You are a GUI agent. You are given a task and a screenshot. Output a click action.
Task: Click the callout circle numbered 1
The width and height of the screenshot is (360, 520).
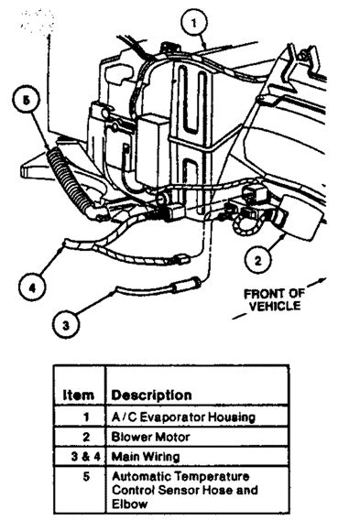click(192, 18)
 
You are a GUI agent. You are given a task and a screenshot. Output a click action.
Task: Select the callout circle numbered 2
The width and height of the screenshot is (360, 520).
click(259, 260)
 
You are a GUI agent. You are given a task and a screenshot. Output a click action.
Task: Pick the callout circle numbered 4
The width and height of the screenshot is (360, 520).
click(32, 287)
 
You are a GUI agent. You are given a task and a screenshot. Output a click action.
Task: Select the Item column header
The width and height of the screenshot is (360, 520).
click(79, 395)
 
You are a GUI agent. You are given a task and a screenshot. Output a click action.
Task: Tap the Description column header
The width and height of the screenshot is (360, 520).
click(151, 395)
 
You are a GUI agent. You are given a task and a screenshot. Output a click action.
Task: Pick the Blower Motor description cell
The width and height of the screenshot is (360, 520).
click(147, 437)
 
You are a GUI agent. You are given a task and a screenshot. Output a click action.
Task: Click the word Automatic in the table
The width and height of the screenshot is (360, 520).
click(138, 476)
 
